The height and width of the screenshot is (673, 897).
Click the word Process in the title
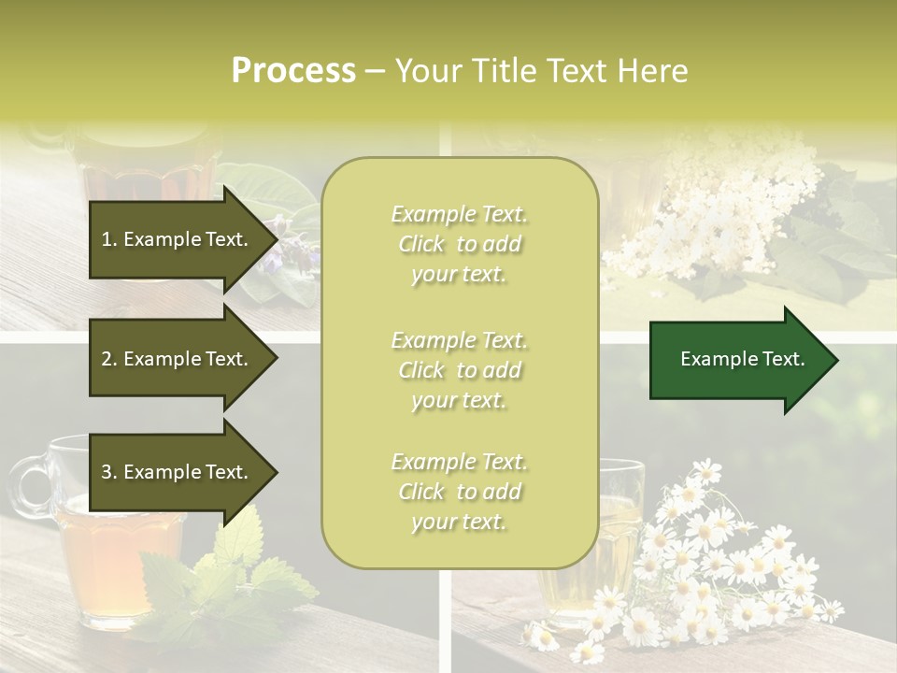click(293, 71)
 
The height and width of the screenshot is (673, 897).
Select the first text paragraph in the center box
click(459, 244)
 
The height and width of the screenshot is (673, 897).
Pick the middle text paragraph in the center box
click(459, 370)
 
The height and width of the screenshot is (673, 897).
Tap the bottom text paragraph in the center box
click(459, 492)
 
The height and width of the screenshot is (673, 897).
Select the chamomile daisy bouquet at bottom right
click(719, 561)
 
